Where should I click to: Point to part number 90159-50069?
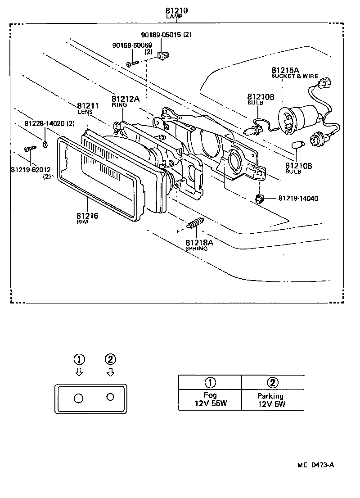pos(132,45)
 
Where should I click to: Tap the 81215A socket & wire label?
pos(285,70)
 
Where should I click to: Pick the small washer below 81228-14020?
pos(45,145)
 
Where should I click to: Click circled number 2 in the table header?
pos(272,383)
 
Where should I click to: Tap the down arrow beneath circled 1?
pos(79,372)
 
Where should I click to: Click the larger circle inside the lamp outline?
pos(78,398)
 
